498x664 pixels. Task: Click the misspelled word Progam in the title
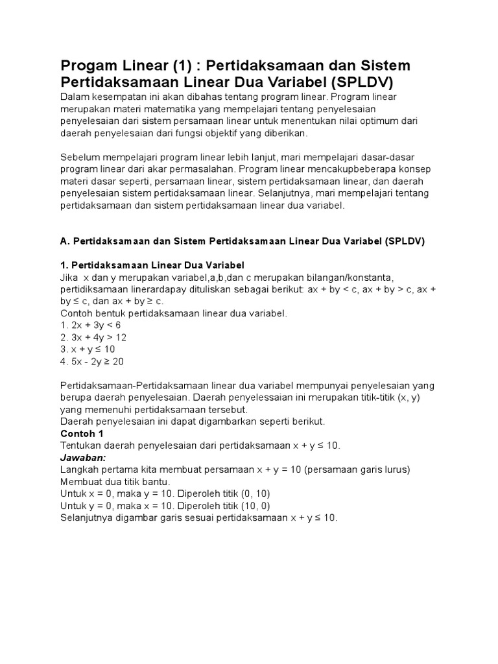point(87,66)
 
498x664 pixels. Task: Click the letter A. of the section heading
point(65,241)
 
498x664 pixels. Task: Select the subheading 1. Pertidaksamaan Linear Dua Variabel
point(152,265)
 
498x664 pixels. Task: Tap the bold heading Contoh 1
point(82,433)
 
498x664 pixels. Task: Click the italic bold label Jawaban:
point(82,458)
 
